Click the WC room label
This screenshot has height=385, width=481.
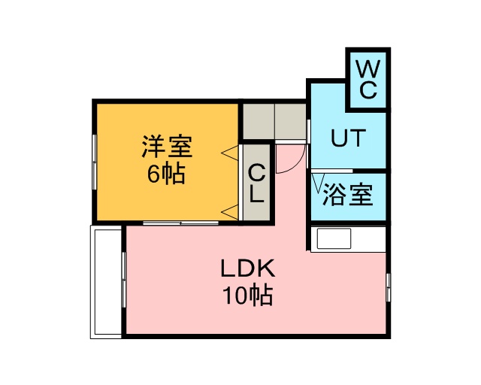367,79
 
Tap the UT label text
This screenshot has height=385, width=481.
349,138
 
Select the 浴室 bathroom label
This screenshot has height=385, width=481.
348,196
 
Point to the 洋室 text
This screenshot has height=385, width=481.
167,144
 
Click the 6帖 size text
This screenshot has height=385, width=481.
166,174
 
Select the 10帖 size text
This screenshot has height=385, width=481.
247,296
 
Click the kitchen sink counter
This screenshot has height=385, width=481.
334,239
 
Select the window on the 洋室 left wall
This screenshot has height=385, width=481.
94,162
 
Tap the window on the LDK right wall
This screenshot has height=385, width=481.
389,287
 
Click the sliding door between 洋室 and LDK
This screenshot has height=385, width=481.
181,223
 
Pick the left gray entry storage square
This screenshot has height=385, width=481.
257,120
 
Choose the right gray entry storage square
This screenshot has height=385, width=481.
290,120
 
